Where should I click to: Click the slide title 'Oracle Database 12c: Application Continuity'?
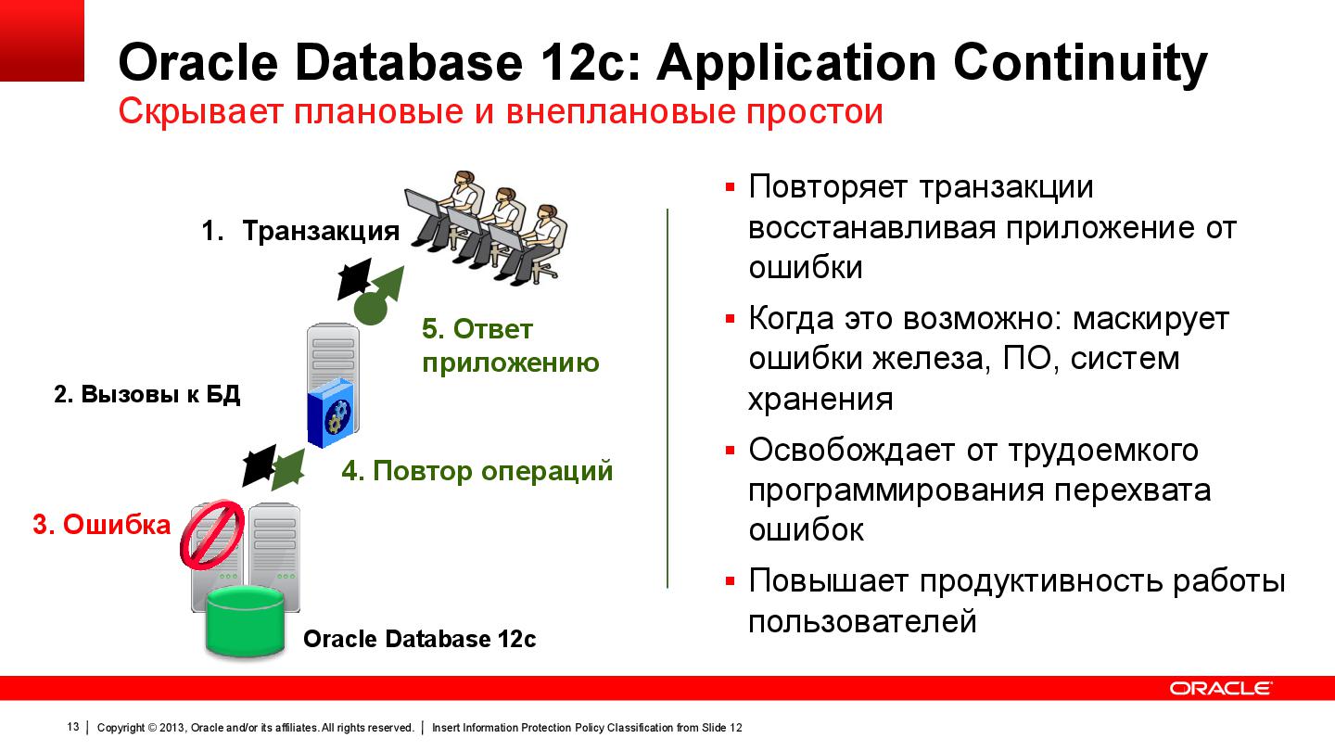[x=662, y=63]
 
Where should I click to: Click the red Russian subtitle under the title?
[x=501, y=112]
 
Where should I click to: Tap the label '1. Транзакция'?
[x=300, y=231]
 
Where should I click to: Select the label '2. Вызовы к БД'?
[x=147, y=394]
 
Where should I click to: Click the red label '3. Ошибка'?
[x=102, y=525]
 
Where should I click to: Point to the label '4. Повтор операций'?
[x=477, y=471]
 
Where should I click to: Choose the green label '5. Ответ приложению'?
[x=510, y=346]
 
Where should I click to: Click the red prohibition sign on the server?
[x=211, y=535]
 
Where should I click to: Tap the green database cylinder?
[x=246, y=622]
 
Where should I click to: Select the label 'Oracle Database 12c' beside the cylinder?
[x=419, y=640]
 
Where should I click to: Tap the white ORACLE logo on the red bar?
[x=1220, y=688]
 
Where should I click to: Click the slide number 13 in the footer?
[x=73, y=727]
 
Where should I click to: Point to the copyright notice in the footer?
[x=255, y=728]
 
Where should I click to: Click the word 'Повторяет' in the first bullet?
[x=829, y=187]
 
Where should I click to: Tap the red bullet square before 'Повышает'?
[x=730, y=581]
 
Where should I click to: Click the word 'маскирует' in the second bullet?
[x=1150, y=319]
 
